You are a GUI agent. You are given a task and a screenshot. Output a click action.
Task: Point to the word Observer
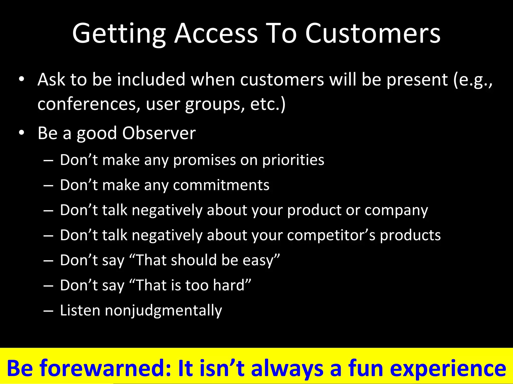(x=159, y=133)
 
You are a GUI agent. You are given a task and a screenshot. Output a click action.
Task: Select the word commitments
(x=221, y=185)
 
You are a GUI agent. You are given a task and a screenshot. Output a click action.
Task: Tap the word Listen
(x=80, y=310)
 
